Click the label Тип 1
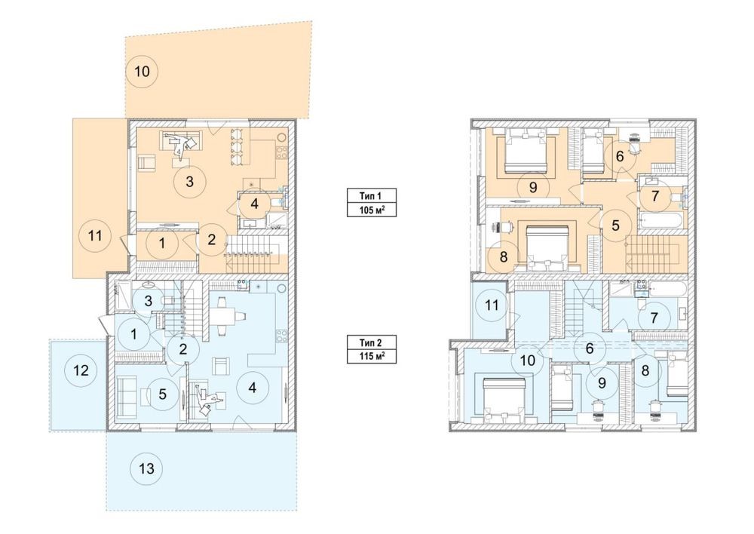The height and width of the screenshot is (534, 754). (371, 196)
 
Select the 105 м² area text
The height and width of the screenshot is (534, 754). (371, 210)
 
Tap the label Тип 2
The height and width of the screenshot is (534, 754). (371, 343)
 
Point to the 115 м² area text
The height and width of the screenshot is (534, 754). (371, 357)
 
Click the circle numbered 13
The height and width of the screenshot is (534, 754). (147, 468)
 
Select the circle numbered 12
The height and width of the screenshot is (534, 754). (81, 370)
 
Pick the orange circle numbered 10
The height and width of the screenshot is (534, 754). (142, 72)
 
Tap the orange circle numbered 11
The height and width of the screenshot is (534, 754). (96, 236)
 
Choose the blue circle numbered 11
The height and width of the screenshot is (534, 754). (492, 305)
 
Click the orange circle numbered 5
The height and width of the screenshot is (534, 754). (616, 226)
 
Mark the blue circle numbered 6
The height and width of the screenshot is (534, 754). (590, 348)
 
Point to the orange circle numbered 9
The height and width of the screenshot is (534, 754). (533, 187)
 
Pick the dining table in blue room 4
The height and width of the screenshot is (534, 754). (222, 316)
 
